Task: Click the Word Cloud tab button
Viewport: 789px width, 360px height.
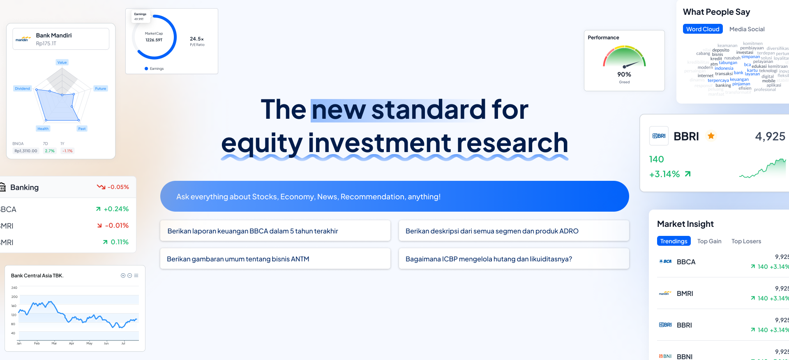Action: click(x=703, y=29)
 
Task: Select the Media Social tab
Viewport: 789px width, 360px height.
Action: click(x=747, y=29)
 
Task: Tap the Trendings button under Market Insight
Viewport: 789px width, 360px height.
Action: click(x=674, y=241)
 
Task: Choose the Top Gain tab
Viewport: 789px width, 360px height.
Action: click(x=709, y=241)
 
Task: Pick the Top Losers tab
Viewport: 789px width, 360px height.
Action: click(x=746, y=241)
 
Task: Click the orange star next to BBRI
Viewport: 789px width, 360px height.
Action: click(x=711, y=136)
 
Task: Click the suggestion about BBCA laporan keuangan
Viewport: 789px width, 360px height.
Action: click(x=275, y=231)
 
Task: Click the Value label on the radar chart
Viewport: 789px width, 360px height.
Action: click(x=62, y=62)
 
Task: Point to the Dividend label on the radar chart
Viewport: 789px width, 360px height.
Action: click(x=23, y=89)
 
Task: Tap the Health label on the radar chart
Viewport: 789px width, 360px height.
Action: click(x=43, y=129)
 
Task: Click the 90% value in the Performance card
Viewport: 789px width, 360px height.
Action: click(x=624, y=74)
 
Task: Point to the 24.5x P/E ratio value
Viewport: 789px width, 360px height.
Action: click(x=197, y=39)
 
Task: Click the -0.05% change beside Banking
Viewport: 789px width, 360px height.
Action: click(x=118, y=187)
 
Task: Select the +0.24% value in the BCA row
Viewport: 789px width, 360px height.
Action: click(x=116, y=209)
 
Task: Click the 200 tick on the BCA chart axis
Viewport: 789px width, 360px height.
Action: click(x=14, y=297)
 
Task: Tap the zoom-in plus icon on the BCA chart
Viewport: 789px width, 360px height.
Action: click(x=123, y=276)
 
